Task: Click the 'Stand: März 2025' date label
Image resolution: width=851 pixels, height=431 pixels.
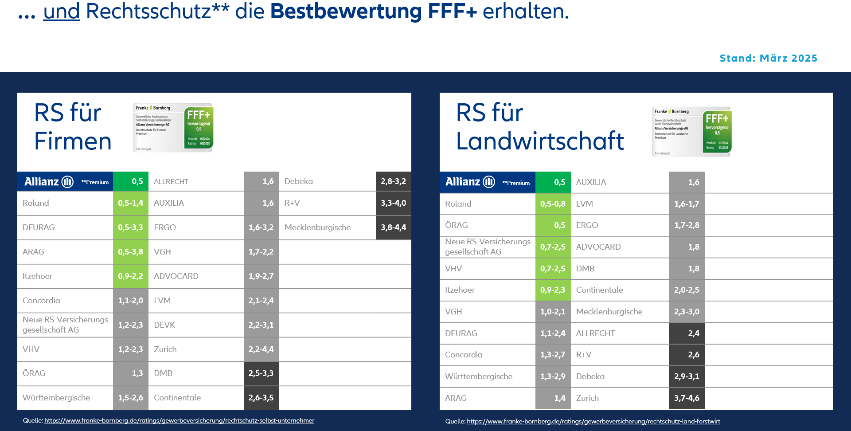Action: [768, 58]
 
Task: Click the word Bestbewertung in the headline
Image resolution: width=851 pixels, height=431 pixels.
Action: [346, 11]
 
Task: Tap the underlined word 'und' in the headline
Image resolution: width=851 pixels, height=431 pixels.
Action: [62, 11]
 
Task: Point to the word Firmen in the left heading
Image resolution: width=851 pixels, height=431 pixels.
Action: [73, 141]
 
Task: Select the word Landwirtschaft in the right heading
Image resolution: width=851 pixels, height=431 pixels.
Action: [540, 141]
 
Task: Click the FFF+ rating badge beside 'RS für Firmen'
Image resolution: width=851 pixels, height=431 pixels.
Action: [173, 128]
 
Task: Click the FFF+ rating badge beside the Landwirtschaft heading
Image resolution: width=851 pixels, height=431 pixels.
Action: [691, 131]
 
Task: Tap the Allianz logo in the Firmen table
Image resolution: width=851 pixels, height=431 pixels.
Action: [49, 181]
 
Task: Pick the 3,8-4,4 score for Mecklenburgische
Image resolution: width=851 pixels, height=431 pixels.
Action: [393, 227]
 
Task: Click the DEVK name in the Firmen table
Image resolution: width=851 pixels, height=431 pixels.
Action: [164, 325]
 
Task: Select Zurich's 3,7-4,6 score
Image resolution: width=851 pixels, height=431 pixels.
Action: [687, 398]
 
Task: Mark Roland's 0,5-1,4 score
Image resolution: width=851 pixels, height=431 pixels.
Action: [130, 203]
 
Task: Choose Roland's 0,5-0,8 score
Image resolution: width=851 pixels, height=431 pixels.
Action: [553, 204]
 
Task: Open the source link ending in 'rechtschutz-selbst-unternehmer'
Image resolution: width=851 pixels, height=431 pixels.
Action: [179, 420]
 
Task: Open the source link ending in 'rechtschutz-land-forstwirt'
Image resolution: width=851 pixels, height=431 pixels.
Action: [593, 421]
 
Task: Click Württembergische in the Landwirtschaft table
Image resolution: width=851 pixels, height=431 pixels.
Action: [479, 376]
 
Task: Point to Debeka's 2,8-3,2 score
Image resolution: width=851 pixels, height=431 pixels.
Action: [393, 181]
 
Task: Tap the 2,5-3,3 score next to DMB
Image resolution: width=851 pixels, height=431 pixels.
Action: [261, 373]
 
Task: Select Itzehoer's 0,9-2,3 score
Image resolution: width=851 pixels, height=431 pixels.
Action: [553, 290]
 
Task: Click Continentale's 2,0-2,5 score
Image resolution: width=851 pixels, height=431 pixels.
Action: [687, 290]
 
